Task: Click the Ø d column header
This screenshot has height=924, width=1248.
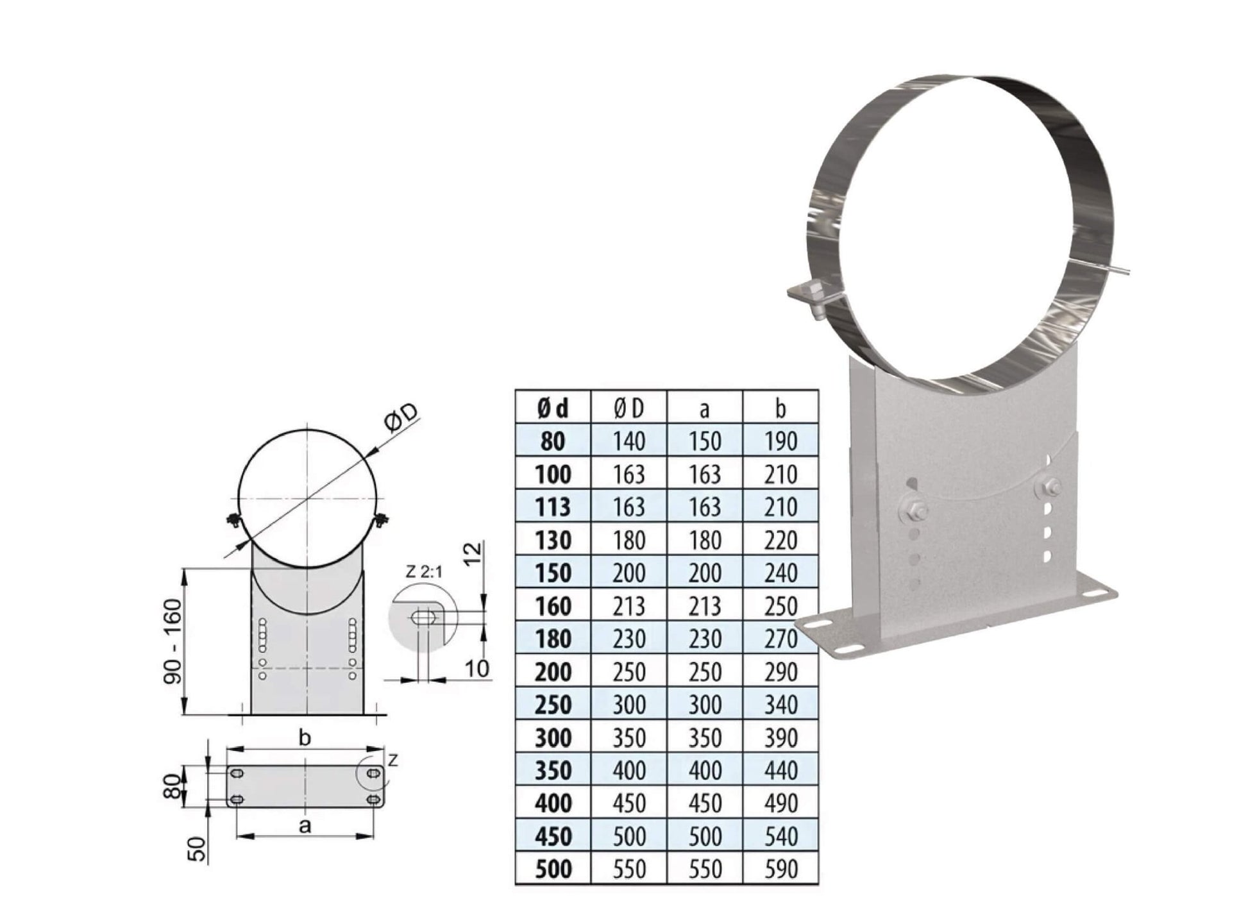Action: coord(552,408)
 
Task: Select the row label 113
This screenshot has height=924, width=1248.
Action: coord(552,507)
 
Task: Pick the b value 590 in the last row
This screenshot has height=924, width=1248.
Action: coord(780,869)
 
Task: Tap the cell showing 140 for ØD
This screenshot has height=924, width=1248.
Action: coord(628,441)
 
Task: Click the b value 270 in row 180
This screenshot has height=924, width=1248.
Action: coord(780,639)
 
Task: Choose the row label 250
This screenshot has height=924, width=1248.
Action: coord(552,705)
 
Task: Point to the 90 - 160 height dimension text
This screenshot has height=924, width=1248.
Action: coord(174,641)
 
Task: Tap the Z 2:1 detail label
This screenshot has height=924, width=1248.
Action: coord(424,571)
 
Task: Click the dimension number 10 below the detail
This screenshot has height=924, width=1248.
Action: coord(476,669)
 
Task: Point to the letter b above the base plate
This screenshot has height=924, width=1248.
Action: coord(305,738)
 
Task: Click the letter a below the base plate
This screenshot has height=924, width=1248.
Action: coord(305,825)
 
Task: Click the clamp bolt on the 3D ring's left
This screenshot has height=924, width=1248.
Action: coord(809,299)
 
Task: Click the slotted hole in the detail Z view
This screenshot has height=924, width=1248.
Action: coord(423,617)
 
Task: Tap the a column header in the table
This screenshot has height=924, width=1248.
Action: coord(704,408)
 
